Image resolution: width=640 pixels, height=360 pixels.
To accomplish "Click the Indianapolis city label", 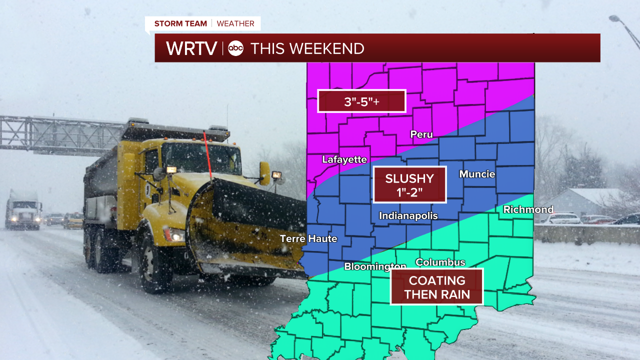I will click(x=408, y=216).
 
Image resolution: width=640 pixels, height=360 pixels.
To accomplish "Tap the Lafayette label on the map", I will click(x=344, y=159).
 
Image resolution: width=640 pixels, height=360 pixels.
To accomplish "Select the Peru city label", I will click(x=421, y=134).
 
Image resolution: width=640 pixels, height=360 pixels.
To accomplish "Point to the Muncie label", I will click(x=477, y=174).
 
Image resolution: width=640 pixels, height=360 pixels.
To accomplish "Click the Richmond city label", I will click(x=528, y=209).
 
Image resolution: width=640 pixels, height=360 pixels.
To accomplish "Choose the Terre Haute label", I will click(x=308, y=238).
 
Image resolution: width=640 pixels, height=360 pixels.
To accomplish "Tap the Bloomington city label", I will click(x=375, y=266).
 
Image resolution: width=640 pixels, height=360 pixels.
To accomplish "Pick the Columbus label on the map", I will click(x=440, y=262).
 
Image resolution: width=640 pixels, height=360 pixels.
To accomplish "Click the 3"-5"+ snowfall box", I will click(x=361, y=101).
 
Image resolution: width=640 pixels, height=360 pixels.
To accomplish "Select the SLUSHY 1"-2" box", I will click(x=409, y=184).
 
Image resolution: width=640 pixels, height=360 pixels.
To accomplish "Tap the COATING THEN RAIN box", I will click(x=437, y=287).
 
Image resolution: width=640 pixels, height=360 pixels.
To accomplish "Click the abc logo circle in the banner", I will click(x=235, y=48).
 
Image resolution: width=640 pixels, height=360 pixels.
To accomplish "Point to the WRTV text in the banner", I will click(x=191, y=48).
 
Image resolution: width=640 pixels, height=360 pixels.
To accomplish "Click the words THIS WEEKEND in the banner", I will click(x=307, y=48).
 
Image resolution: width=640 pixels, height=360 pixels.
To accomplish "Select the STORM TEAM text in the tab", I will click(x=180, y=23).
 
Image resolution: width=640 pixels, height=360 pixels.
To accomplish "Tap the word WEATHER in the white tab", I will click(x=236, y=23).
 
